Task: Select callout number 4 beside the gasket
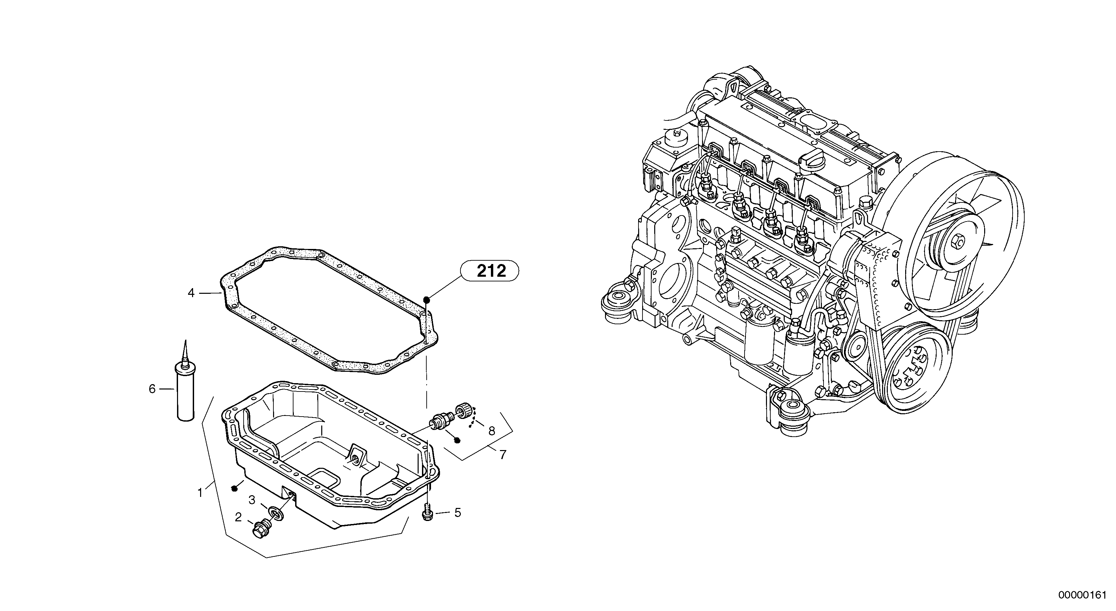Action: (191, 293)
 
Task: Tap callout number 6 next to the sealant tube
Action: (152, 389)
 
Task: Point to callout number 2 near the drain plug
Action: (238, 517)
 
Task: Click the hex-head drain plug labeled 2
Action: (260, 530)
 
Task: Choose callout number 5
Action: (457, 513)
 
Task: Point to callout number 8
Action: (491, 431)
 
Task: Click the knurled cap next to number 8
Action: (463, 410)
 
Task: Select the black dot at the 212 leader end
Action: (426, 299)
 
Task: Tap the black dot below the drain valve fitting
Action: (457, 441)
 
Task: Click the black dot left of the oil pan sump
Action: (234, 489)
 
